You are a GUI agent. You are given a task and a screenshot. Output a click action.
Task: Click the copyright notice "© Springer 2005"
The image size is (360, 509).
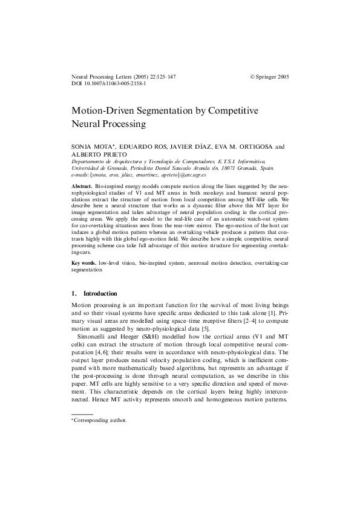coord(270,77)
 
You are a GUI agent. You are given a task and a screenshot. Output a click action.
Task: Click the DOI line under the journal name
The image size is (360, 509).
coord(108,85)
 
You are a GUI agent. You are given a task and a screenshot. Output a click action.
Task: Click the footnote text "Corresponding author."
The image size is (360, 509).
coord(100,419)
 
